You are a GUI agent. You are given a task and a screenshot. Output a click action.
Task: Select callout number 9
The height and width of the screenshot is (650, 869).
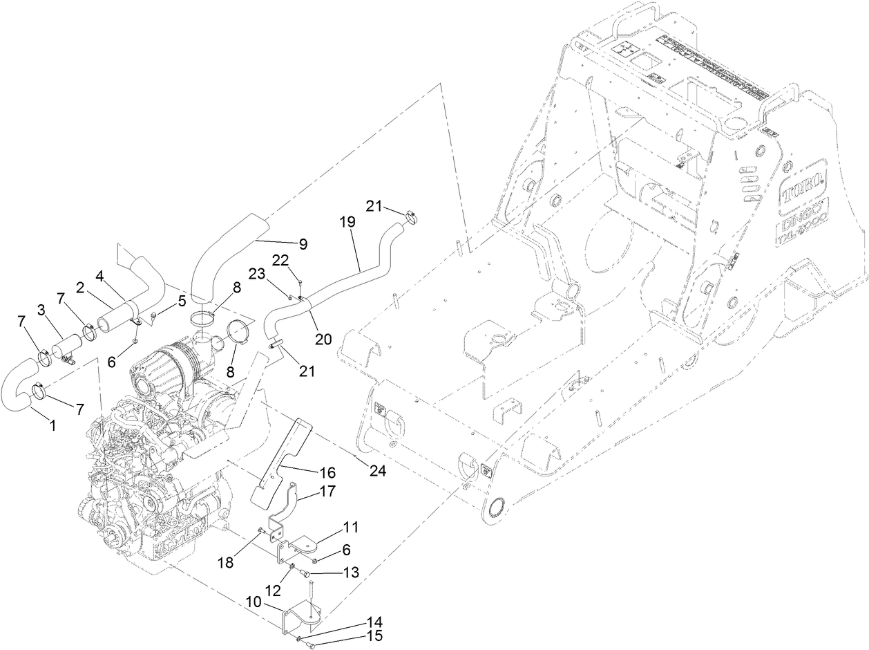coord(303,244)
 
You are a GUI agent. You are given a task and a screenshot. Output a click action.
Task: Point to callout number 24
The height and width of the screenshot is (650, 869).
coord(378,471)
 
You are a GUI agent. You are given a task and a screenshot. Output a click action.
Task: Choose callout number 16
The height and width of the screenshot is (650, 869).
coord(327,473)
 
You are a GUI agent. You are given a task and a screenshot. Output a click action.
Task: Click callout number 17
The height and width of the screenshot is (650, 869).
coord(327,493)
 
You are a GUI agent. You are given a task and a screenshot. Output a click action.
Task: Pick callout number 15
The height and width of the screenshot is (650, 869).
coord(376,636)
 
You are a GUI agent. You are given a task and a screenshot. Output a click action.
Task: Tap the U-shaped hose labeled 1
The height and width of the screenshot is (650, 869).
coord(21,391)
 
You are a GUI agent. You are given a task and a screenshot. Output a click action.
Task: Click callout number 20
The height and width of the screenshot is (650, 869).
coord(323,339)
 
